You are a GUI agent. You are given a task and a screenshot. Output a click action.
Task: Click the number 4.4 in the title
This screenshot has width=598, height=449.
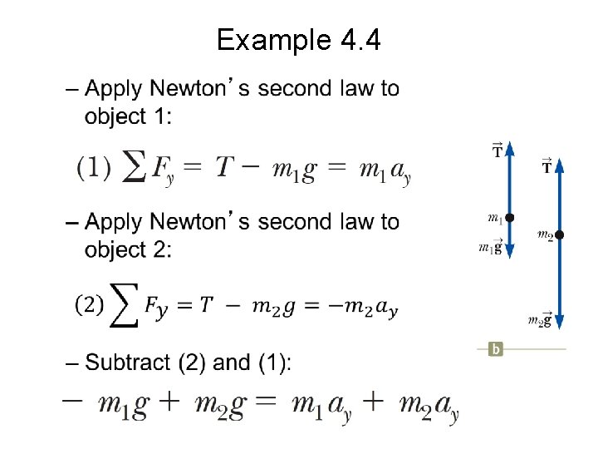click(355, 39)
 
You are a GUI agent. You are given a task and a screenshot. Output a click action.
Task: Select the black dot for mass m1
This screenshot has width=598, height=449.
click(510, 217)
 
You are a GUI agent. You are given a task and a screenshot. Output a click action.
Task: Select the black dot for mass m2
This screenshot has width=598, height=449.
click(560, 235)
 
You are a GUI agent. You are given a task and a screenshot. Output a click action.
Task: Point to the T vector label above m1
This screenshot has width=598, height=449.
click(498, 150)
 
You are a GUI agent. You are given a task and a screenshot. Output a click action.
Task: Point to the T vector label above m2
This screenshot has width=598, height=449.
click(547, 166)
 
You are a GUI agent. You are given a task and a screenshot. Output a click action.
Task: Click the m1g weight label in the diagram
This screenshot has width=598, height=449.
click(491, 247)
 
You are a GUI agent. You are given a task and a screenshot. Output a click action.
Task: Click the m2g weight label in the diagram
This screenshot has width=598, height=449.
click(540, 320)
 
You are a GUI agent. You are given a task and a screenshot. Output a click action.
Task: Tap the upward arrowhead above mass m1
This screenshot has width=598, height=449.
click(510, 148)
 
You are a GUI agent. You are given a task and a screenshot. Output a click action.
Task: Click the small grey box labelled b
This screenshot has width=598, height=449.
click(496, 349)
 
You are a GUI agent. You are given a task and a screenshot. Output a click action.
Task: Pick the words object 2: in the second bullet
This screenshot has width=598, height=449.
click(128, 249)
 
